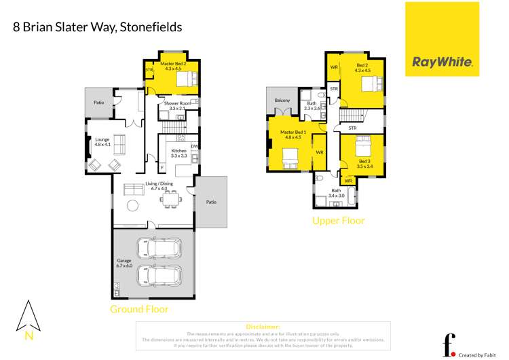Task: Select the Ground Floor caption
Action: point(139,309)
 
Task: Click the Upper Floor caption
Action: point(338,221)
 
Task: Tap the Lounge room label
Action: point(102,141)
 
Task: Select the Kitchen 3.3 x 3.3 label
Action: point(178,153)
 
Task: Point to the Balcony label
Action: point(282,101)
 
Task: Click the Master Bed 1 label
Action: point(292,134)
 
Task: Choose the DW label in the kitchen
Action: point(195,146)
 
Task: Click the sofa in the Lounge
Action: point(119,144)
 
